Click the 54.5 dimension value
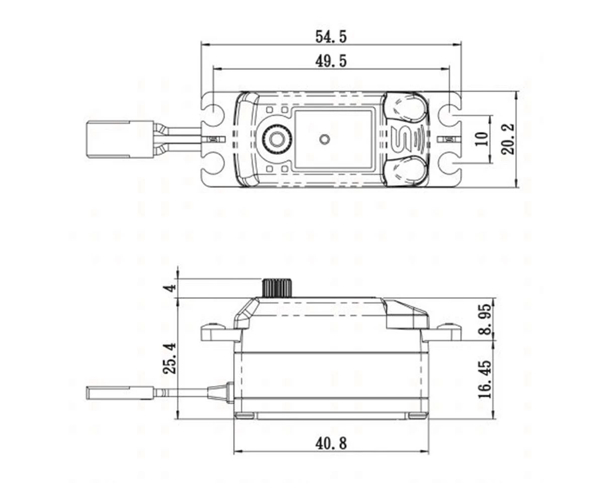pos(331,36)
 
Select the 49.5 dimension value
pos(331,61)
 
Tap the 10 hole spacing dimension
pos(482,139)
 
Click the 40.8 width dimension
pos(331,443)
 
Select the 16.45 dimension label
pos(485,379)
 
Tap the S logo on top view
pos(401,139)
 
